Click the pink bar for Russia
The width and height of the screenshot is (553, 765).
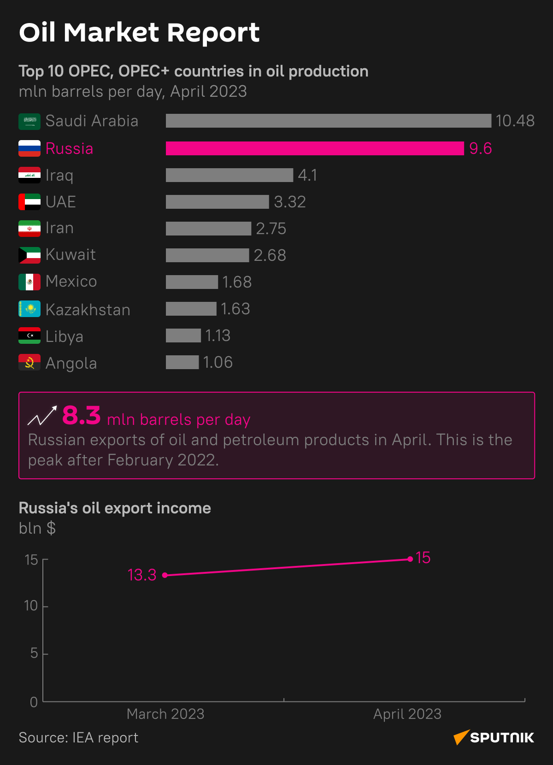(x=315, y=148)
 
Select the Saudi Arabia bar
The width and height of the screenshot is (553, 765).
(x=328, y=121)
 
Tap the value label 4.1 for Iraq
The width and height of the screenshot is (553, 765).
(x=307, y=175)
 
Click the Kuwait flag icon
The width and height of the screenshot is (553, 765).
(x=29, y=255)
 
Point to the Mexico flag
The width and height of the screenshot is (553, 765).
(x=29, y=282)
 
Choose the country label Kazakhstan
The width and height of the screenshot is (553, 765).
(x=88, y=310)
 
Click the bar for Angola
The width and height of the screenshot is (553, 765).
(x=182, y=362)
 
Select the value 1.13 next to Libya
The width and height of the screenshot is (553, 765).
(x=218, y=335)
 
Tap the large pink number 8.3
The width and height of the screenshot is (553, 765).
(x=82, y=415)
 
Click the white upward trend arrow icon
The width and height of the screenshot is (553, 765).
(x=42, y=416)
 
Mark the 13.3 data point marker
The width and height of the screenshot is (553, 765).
(x=165, y=575)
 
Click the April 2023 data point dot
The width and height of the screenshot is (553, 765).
(x=410, y=559)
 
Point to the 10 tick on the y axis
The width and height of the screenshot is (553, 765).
(x=31, y=606)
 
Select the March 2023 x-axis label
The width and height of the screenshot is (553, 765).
(x=165, y=714)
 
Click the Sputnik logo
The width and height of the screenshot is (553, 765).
(x=494, y=737)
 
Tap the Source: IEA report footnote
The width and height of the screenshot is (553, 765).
(x=78, y=737)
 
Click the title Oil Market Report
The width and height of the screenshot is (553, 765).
(x=139, y=32)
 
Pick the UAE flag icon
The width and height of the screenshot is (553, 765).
(x=29, y=202)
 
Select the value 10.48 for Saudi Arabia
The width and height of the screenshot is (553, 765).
(x=515, y=121)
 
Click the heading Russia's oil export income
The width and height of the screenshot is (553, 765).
(x=115, y=508)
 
